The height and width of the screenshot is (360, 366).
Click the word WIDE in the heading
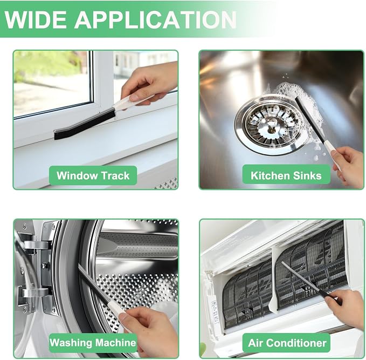(x=36, y=19)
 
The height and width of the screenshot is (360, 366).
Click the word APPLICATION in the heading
(x=155, y=19)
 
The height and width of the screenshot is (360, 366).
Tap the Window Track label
(x=93, y=175)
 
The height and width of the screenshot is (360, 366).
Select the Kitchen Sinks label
(x=286, y=175)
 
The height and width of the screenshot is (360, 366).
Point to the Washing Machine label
(x=93, y=343)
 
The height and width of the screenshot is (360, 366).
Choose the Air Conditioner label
(x=287, y=343)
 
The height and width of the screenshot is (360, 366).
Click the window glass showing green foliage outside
(x=52, y=82)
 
